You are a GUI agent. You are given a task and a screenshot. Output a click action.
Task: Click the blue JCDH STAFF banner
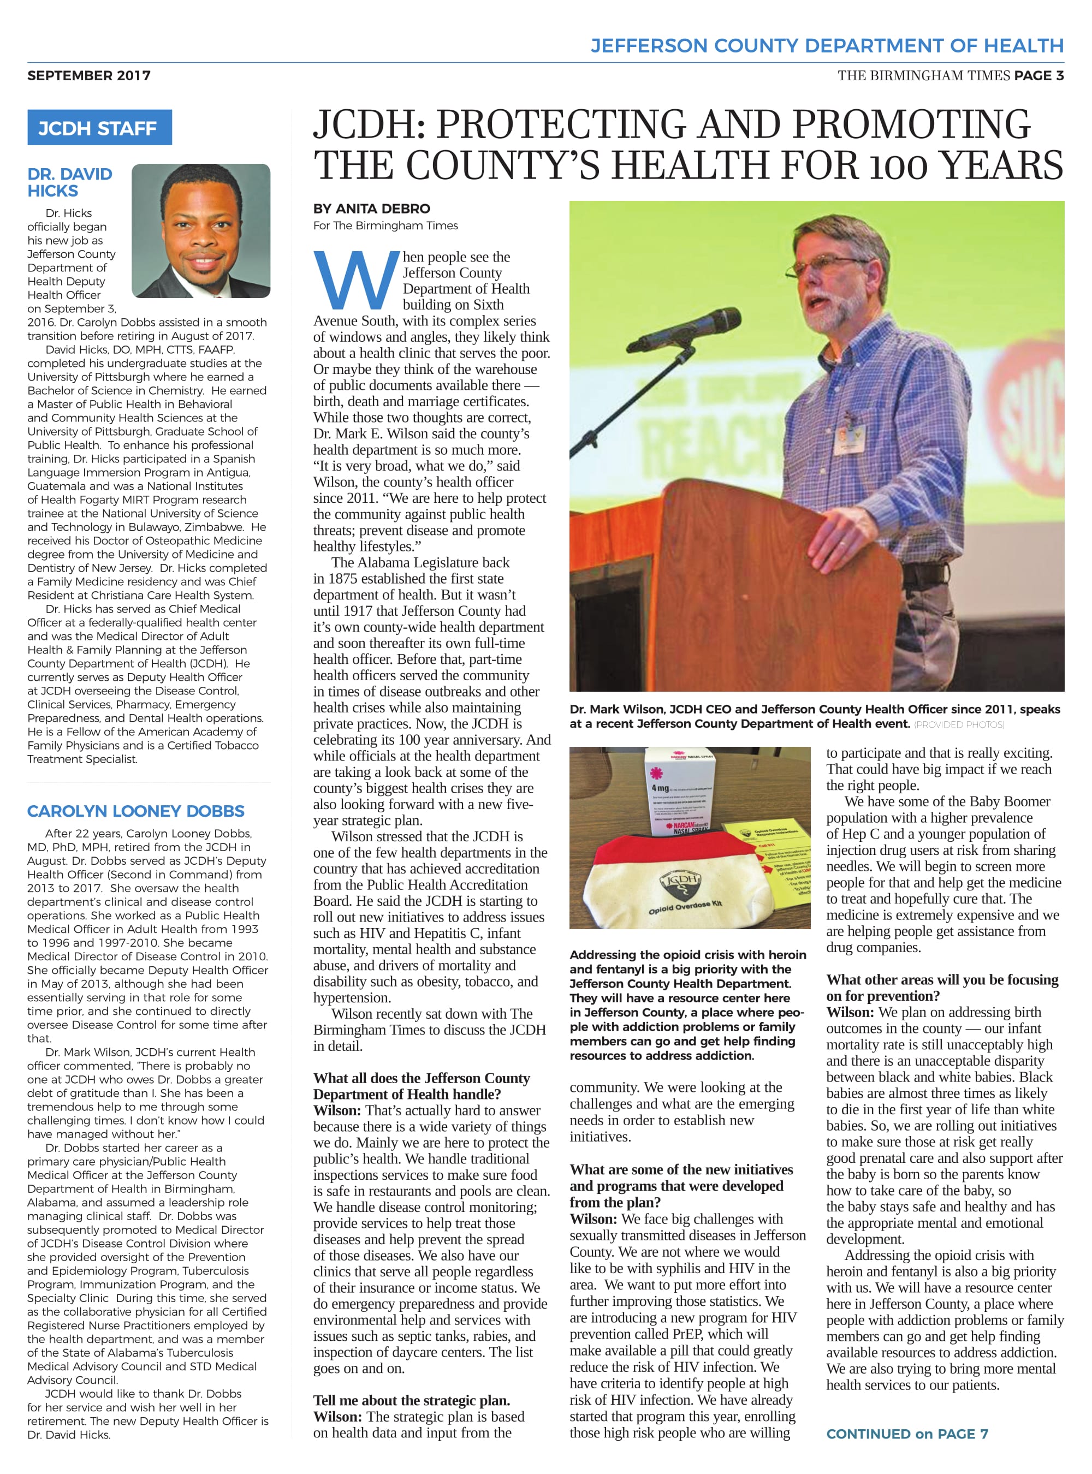tap(99, 128)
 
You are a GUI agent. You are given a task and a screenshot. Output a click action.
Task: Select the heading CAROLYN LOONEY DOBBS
tap(135, 811)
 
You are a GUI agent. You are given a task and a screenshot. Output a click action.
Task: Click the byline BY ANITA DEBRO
tap(371, 209)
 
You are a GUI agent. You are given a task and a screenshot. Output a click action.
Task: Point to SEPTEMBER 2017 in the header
tap(88, 75)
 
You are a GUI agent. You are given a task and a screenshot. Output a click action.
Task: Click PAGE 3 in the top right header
tap(1038, 75)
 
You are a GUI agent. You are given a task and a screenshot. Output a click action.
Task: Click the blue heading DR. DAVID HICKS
tap(69, 182)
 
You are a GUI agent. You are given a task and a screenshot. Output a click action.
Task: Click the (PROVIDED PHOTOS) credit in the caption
tap(959, 724)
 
